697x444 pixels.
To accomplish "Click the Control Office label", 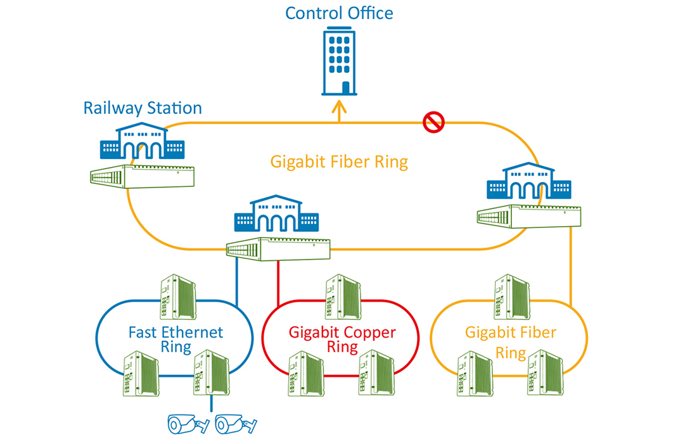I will [x=339, y=13].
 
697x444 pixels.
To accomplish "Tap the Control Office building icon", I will [x=338, y=61].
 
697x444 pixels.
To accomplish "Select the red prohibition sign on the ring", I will [x=434, y=123].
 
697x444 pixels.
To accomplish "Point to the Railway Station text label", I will [x=143, y=108].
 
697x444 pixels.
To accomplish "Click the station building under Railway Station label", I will [x=141, y=143].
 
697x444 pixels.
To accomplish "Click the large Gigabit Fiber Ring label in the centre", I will [x=339, y=162].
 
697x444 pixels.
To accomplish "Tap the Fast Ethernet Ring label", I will [x=176, y=339].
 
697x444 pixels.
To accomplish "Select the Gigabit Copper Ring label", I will [x=342, y=339].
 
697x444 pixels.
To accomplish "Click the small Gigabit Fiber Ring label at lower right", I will [x=511, y=342].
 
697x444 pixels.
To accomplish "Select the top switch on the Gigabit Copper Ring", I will [x=343, y=296].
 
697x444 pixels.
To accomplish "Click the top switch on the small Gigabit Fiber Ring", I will [x=512, y=296].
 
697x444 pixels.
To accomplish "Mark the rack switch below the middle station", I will [x=279, y=248].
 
